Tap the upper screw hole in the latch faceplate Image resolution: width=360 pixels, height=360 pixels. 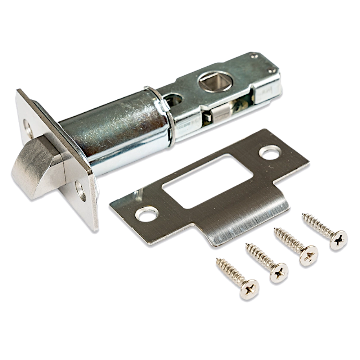pyautogui.click(x=26, y=126)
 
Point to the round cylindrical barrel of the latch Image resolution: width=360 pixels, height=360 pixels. pyautogui.click(x=108, y=133)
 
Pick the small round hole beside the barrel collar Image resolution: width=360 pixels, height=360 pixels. pyautogui.click(x=174, y=99)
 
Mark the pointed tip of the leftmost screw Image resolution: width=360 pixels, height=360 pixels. pyautogui.click(x=217, y=261)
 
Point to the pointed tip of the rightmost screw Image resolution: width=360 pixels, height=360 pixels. pyautogui.click(x=303, y=216)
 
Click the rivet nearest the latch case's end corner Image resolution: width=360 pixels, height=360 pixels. pyautogui.click(x=256, y=56)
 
